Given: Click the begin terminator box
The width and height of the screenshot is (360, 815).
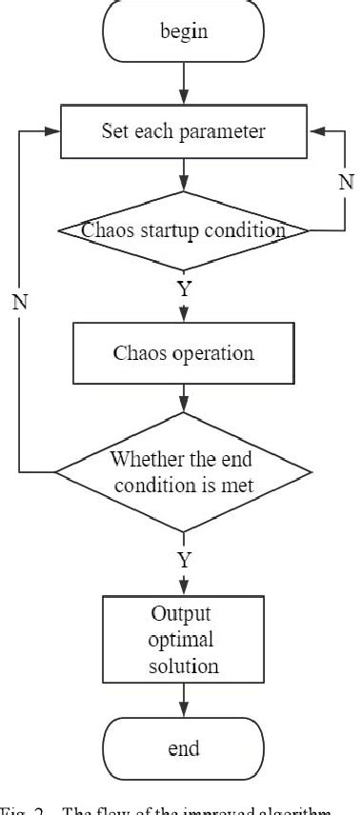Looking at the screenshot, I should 182,30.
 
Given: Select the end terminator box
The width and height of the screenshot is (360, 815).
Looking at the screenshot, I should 182,748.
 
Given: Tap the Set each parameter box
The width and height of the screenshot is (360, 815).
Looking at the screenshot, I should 182,131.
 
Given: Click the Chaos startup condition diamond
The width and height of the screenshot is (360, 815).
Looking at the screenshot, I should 182,229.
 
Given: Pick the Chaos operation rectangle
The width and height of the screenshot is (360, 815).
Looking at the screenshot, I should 182,353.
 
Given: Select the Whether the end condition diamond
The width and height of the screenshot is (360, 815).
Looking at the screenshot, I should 182,470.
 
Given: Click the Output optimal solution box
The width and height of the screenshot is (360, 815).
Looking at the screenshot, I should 182,639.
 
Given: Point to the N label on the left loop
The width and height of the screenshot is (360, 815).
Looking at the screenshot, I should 18,303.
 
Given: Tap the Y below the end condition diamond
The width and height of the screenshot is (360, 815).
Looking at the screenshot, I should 183,559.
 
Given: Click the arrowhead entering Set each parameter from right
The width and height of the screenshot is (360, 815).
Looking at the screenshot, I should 312,131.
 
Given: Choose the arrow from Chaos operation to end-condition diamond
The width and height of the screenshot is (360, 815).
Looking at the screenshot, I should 182,398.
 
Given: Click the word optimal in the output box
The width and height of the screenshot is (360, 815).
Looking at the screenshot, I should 182,639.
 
